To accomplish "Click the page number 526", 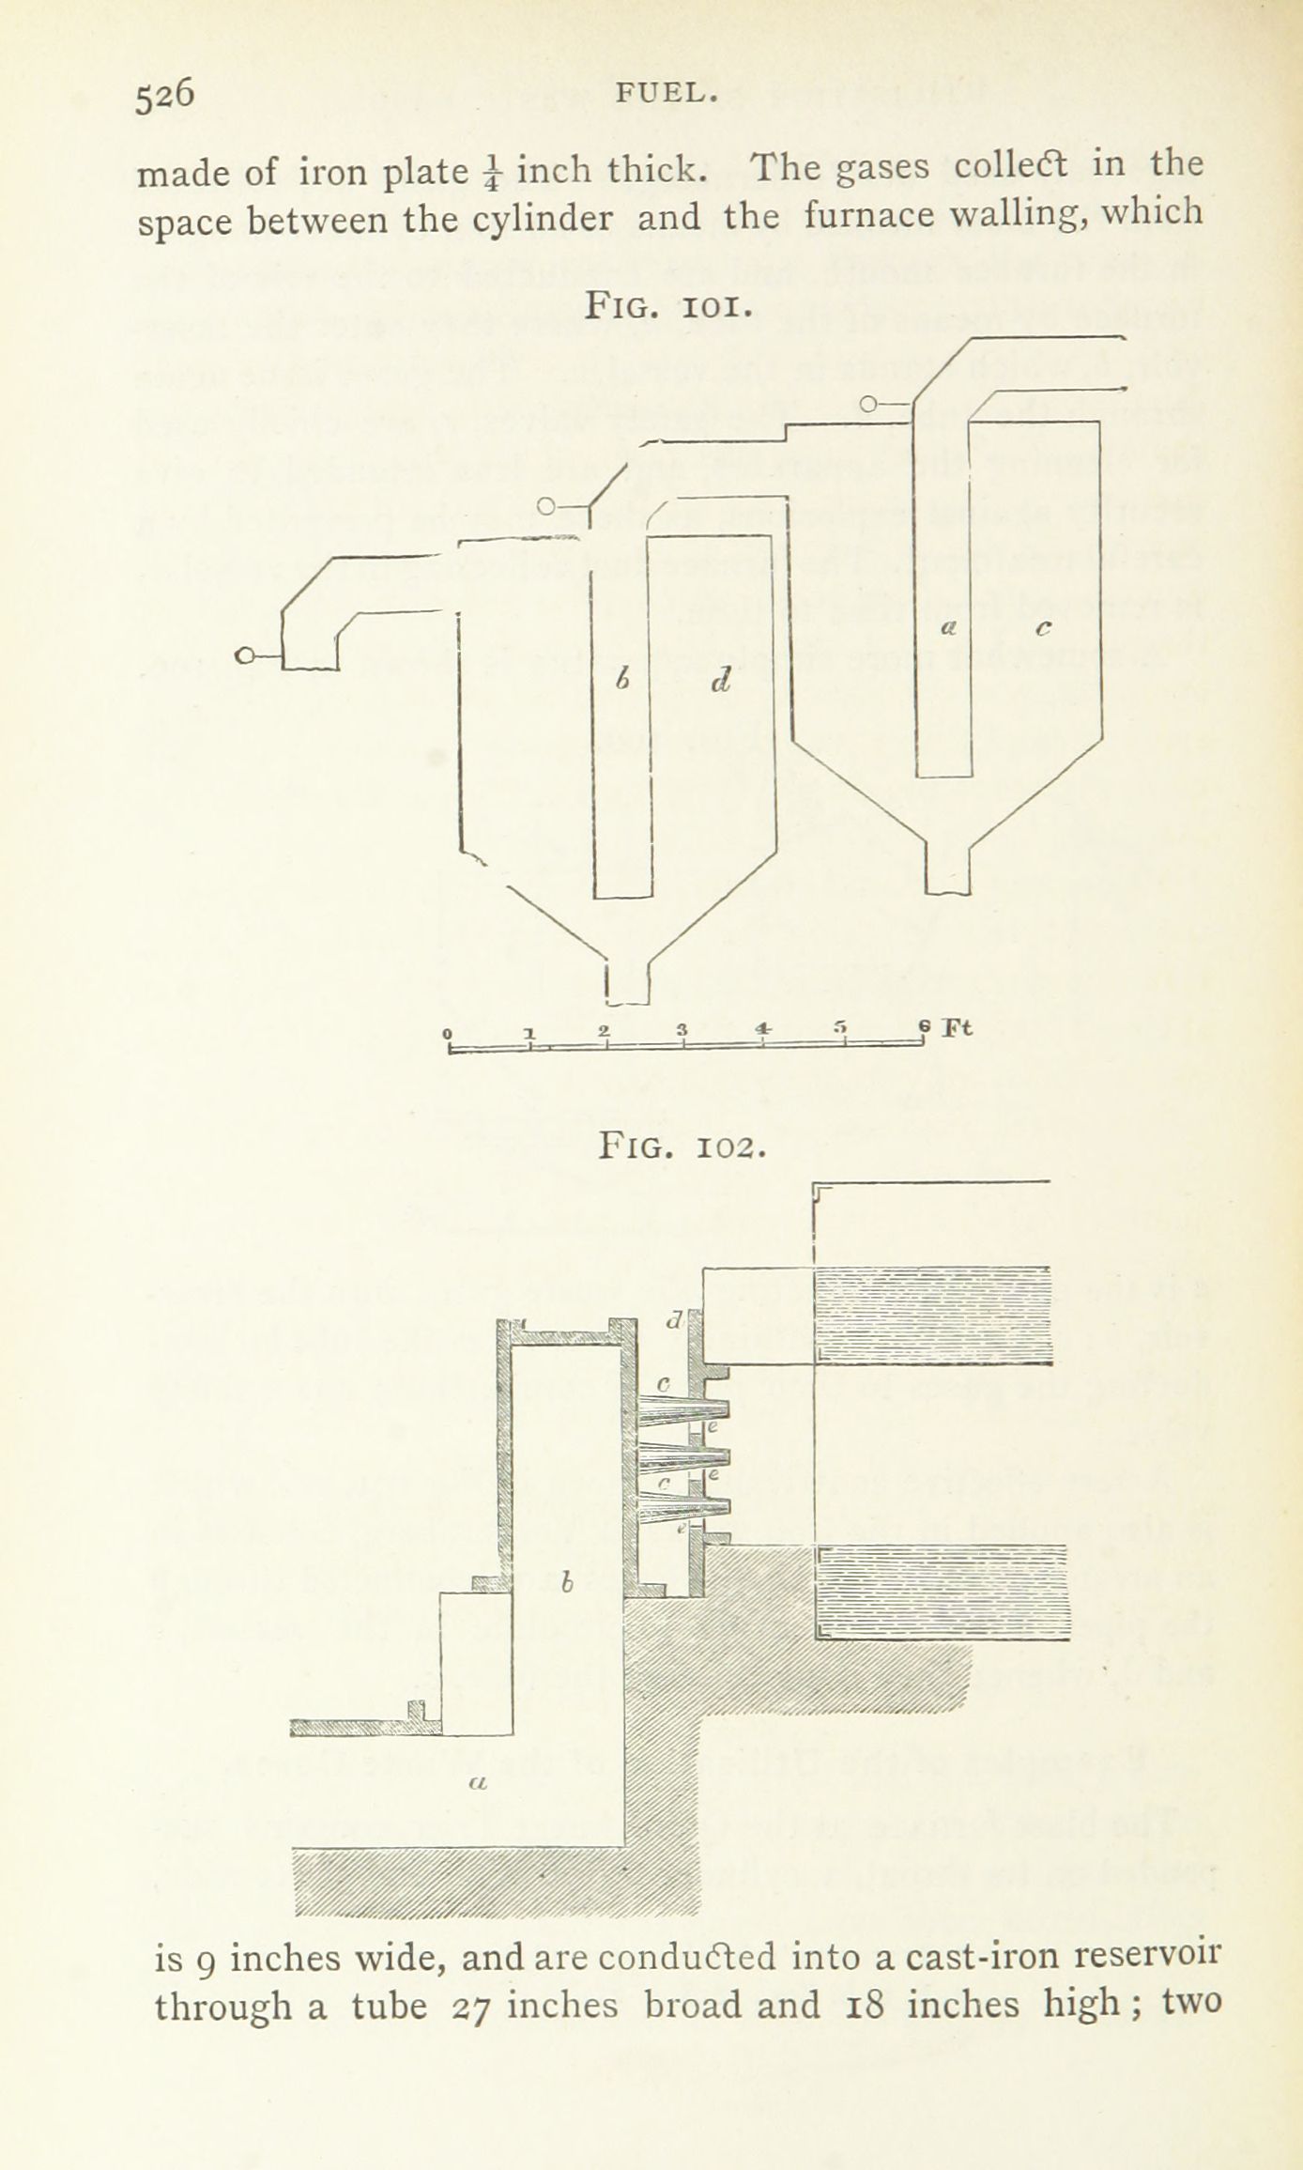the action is (x=164, y=95).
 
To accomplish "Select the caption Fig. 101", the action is (x=667, y=307).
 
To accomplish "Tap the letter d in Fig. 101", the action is (x=719, y=682).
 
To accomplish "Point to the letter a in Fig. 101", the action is (x=949, y=631).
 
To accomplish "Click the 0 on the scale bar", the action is (x=449, y=1034).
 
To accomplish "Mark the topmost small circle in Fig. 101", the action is (x=869, y=405).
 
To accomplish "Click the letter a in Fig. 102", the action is (x=475, y=1780).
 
